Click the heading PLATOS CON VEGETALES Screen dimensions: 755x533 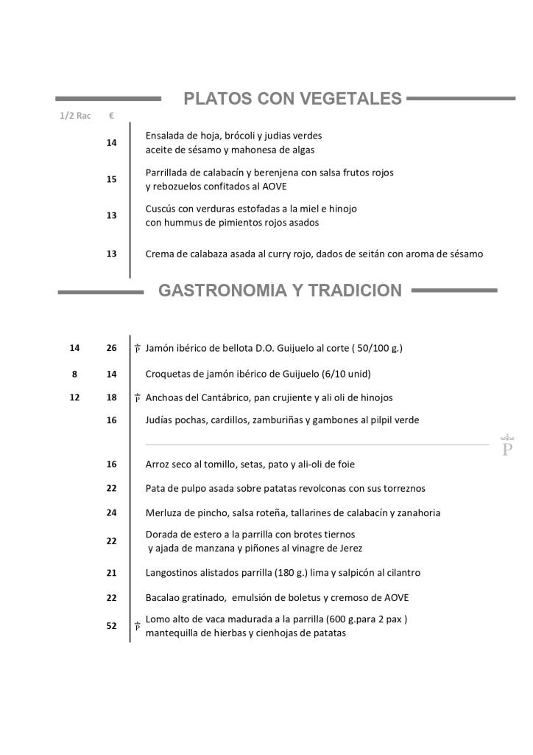[x=292, y=99]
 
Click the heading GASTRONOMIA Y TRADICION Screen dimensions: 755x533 [x=280, y=291]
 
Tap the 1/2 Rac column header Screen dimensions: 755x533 [x=75, y=116]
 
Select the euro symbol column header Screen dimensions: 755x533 [x=111, y=116]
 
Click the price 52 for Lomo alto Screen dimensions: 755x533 [x=112, y=626]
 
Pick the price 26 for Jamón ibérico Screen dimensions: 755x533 [x=112, y=348]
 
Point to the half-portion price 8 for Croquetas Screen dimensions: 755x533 [x=74, y=374]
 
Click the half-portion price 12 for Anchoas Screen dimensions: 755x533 [x=74, y=397]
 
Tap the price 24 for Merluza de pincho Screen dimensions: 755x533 [x=112, y=512]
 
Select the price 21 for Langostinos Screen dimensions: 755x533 [x=112, y=572]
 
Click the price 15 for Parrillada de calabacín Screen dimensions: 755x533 [x=112, y=179]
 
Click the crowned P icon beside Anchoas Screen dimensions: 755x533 [x=138, y=398]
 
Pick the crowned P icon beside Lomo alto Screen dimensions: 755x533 [x=138, y=627]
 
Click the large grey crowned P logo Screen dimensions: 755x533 [x=506, y=445]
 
